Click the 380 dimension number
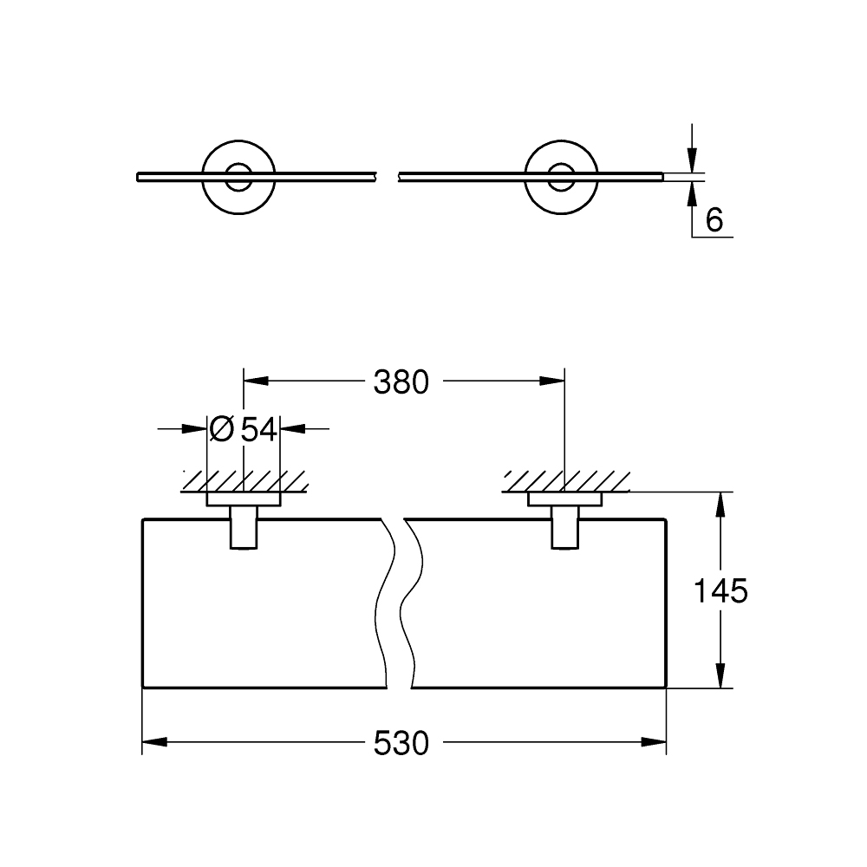(401, 382)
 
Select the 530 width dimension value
(401, 742)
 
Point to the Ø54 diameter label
(244, 428)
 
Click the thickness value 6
(714, 220)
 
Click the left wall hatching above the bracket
(244, 480)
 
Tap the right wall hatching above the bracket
(564, 480)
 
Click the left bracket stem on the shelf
(244, 529)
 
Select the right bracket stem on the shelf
(564, 529)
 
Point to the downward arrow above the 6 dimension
(691, 160)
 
